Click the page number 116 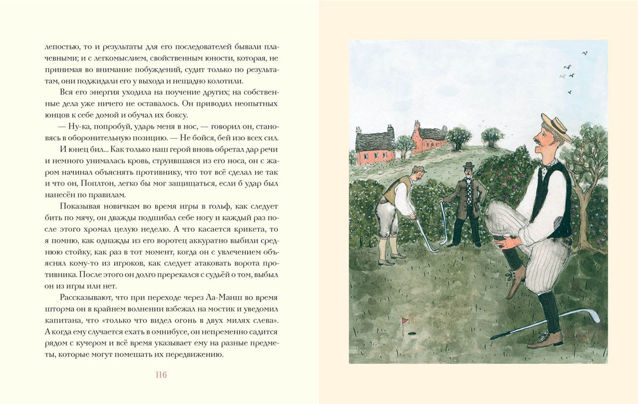pos(161,375)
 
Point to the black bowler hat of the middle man pos(468,166)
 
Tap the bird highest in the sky pos(585,53)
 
